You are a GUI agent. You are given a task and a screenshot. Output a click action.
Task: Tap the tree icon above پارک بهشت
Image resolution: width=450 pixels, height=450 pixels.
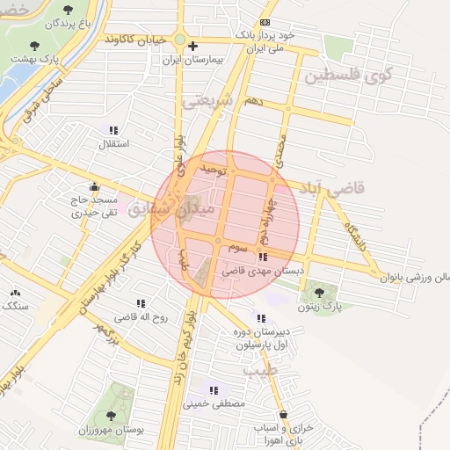click(x=34, y=45)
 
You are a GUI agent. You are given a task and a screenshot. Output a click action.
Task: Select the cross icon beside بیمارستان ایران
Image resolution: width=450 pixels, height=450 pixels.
click(x=193, y=46)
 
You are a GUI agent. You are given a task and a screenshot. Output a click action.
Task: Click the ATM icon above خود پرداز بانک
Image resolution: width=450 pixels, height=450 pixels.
click(x=265, y=23)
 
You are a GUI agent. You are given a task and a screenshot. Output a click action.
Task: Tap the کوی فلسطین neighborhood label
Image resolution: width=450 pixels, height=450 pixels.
click(x=347, y=76)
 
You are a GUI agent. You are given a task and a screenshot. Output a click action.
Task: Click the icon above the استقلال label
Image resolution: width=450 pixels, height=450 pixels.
click(x=113, y=130)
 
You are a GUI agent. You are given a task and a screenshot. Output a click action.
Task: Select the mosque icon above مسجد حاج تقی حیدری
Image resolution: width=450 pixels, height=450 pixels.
click(x=94, y=186)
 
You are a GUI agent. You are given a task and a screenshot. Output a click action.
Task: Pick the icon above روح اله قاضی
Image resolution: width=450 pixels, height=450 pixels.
click(x=142, y=303)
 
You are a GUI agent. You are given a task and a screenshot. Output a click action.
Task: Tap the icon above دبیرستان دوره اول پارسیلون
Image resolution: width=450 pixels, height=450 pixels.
click(x=260, y=318)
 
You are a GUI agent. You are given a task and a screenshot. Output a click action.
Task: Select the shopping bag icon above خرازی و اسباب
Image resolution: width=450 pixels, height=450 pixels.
click(x=283, y=414)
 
